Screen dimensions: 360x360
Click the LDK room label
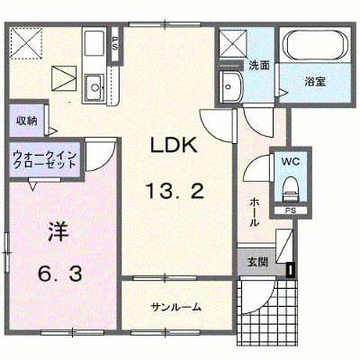[x=174, y=145]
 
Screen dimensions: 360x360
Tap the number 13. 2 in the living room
[x=175, y=191]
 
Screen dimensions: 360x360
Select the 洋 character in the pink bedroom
[x=58, y=232]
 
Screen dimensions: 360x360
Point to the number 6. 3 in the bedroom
[x=60, y=274]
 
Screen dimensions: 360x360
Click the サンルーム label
[x=175, y=307]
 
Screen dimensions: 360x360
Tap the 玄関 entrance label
[x=257, y=262]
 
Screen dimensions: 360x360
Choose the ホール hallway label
[x=254, y=212]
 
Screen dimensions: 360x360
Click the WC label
[x=290, y=162]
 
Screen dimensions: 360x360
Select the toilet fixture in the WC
[x=291, y=189]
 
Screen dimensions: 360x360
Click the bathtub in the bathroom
[x=315, y=45]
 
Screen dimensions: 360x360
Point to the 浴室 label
[x=315, y=82]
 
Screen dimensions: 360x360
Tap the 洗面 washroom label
[x=259, y=66]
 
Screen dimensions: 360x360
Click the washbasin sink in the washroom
[x=230, y=86]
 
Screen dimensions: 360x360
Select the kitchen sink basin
[x=94, y=87]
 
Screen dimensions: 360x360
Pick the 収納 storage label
[x=27, y=121]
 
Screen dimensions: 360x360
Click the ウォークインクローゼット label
[x=45, y=160]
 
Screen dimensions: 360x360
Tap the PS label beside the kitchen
[x=115, y=43]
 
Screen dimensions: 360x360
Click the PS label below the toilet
[x=291, y=211]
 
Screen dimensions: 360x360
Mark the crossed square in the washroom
[x=233, y=44]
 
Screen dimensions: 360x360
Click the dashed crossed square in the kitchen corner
[x=26, y=42]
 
